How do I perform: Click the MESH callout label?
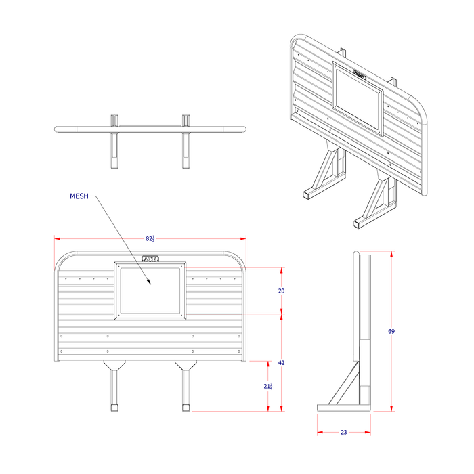[79, 196]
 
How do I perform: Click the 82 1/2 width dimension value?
[150, 239]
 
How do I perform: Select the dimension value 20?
[282, 290]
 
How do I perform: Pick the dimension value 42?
[282, 363]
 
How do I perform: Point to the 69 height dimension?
[391, 331]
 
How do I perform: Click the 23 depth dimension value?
[343, 432]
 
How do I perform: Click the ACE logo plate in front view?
[150, 259]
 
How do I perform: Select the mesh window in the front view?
[150, 290]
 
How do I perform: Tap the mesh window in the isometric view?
[358, 99]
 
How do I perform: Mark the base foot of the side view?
[344, 408]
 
